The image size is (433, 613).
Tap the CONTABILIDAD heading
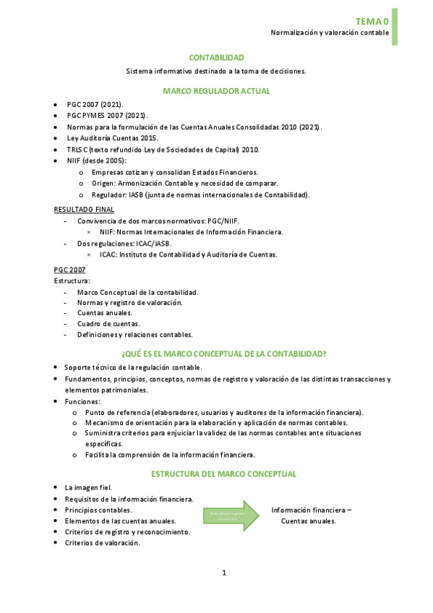216,57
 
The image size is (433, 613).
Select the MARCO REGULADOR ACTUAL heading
216,91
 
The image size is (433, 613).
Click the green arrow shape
230,515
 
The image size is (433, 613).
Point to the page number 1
224,573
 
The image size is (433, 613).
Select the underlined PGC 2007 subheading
69,269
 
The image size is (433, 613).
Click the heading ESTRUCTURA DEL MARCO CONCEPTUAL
223,474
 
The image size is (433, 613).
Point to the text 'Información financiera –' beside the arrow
312,510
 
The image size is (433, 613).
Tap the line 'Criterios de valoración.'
102,543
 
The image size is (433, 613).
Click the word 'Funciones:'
83,401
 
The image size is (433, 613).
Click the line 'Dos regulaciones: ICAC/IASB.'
124,244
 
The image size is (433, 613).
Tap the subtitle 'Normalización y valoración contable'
330,33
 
